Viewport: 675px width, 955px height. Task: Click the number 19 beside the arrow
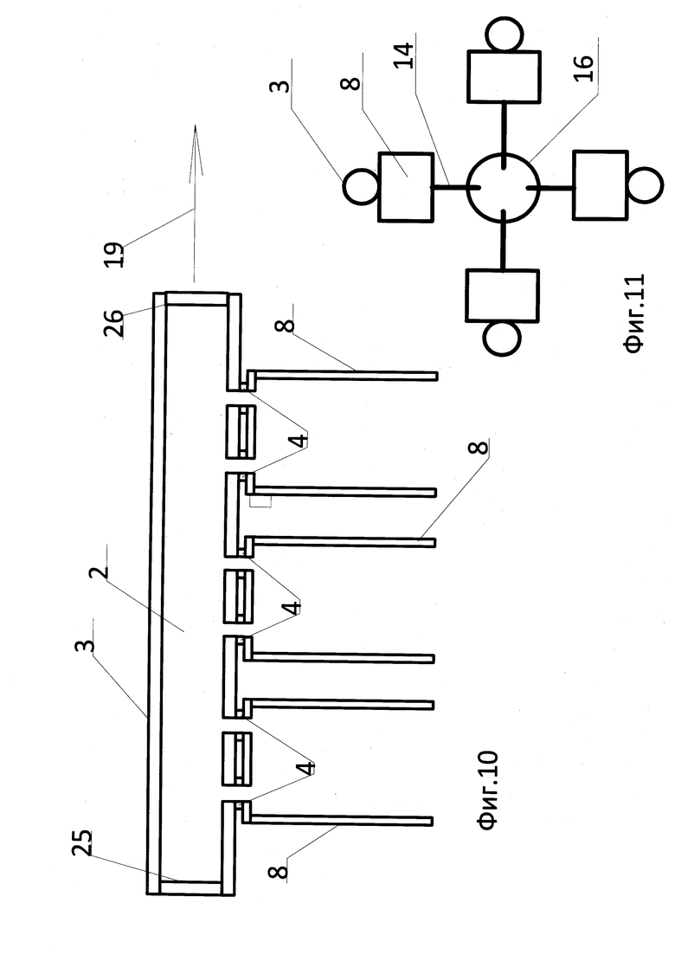coord(115,255)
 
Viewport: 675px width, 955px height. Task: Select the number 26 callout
coord(114,324)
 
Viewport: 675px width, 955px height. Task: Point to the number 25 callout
coord(82,842)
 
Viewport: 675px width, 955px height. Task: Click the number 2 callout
coord(99,571)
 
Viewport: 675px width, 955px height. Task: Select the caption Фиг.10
coord(488,790)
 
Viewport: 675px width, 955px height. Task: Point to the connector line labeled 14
coord(450,186)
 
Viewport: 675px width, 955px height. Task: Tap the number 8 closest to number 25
coord(278,872)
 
